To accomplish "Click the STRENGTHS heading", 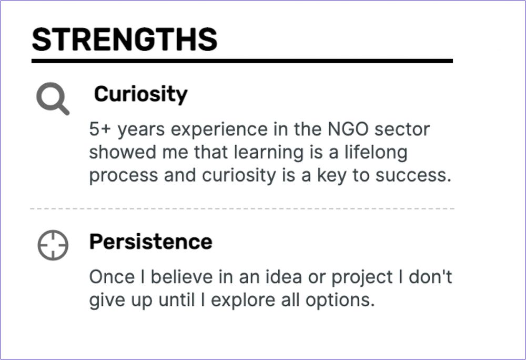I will click(x=125, y=39).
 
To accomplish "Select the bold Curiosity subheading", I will click(x=140, y=94).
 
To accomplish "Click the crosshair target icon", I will click(x=53, y=245).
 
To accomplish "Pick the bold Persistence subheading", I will click(x=150, y=242).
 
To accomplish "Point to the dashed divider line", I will click(x=242, y=209).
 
